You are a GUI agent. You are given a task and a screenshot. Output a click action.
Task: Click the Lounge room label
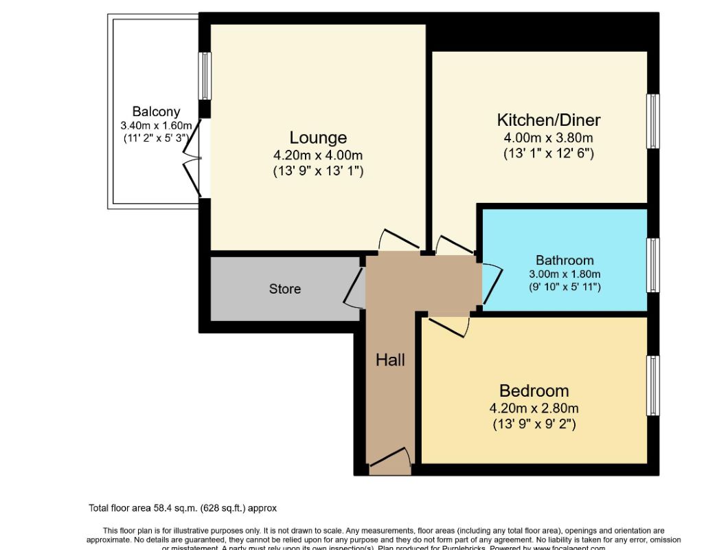click(x=317, y=137)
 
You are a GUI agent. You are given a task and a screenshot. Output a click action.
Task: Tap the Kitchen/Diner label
click(x=548, y=120)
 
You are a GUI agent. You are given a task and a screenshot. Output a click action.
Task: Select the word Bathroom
click(x=565, y=261)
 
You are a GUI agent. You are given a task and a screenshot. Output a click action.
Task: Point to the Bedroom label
click(x=534, y=391)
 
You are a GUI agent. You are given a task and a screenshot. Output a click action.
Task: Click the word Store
click(x=284, y=289)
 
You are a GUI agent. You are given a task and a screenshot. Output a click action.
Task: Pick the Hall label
click(x=390, y=360)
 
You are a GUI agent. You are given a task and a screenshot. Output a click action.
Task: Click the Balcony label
click(x=156, y=111)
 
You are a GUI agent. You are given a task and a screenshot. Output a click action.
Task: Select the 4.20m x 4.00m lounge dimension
click(x=317, y=155)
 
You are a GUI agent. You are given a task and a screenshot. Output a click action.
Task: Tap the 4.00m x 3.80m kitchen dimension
click(x=548, y=137)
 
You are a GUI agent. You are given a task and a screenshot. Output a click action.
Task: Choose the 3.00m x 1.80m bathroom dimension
click(x=565, y=274)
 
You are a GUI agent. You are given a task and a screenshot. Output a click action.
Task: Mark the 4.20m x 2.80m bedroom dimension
click(x=534, y=408)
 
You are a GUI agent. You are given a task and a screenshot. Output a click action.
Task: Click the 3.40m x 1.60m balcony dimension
click(x=156, y=125)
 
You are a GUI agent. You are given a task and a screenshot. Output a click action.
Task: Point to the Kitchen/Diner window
click(x=653, y=121)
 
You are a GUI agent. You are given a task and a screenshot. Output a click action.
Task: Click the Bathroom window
click(x=653, y=265)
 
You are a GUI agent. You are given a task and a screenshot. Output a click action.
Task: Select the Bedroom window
click(x=653, y=386)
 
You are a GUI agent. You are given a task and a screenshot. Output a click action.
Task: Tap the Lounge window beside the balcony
click(x=205, y=76)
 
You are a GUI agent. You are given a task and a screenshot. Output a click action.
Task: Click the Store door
click(x=354, y=288)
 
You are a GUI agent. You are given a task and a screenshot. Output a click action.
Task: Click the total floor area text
click(x=182, y=509)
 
